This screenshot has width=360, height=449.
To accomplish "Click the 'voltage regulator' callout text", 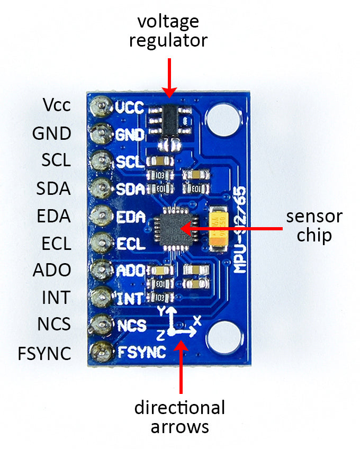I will click(x=168, y=31).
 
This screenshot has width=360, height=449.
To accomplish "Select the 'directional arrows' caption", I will click(x=179, y=417).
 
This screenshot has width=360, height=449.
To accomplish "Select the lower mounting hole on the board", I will click(x=223, y=339).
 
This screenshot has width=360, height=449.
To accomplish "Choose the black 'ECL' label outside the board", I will click(x=56, y=244).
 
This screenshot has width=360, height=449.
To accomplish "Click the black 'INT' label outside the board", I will click(x=56, y=298).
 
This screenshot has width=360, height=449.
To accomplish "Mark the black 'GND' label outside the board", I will click(x=52, y=133).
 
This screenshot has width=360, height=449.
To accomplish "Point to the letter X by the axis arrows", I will click(x=197, y=320).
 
